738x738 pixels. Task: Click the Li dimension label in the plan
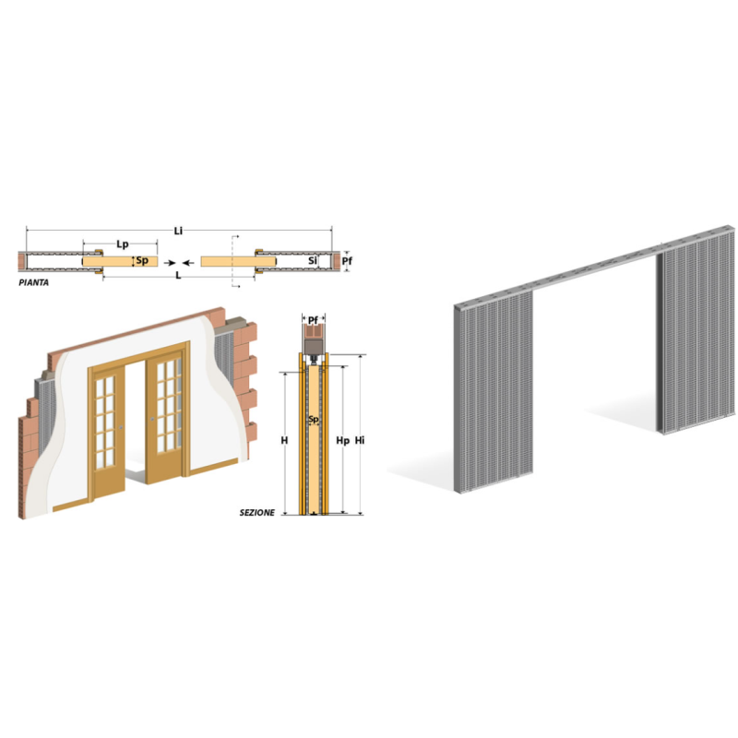(x=178, y=231)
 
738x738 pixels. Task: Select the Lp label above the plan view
(x=123, y=244)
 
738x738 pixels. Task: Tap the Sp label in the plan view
(x=142, y=260)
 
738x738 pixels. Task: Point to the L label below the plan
(x=178, y=275)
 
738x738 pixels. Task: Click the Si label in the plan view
(x=313, y=260)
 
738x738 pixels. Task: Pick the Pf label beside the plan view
(x=347, y=261)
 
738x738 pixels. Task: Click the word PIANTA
(x=33, y=282)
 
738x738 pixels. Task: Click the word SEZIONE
(x=257, y=513)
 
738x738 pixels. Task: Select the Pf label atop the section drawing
(x=313, y=321)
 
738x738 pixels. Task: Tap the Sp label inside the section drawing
(x=314, y=420)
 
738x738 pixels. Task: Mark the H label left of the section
(x=284, y=441)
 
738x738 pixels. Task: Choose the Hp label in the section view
(x=342, y=441)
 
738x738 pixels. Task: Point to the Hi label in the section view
(x=360, y=441)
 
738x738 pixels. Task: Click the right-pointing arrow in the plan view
(x=170, y=263)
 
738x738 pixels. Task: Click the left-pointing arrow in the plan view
(x=188, y=263)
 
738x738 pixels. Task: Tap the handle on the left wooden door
(x=122, y=427)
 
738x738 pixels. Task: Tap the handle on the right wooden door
(x=152, y=419)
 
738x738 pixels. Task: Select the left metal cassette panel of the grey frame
(x=494, y=391)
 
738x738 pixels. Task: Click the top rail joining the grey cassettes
(x=594, y=267)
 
